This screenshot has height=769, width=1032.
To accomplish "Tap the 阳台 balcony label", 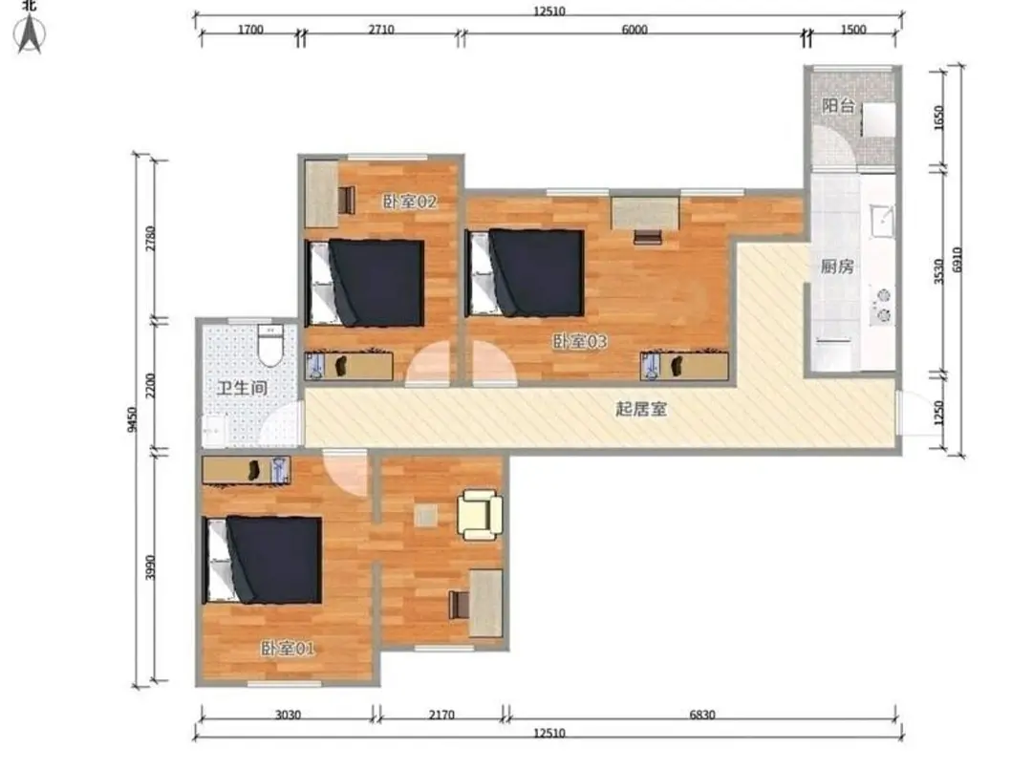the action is point(839,105).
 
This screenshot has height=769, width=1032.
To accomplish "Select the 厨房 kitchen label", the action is point(837,267).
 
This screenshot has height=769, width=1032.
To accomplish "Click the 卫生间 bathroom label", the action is point(242,388).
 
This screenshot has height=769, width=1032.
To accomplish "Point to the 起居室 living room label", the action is point(641,409).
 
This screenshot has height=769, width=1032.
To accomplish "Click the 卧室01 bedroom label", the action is point(288,649).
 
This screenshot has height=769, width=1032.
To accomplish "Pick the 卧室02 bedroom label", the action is point(410,202).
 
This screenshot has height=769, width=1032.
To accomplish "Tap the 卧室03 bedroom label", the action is point(579,341).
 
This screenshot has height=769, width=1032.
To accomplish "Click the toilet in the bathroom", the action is point(269,345).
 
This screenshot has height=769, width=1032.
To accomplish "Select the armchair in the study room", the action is point(480,515).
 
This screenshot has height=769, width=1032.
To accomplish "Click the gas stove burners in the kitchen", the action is point(881,306).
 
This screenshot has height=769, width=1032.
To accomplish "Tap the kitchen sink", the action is point(882,221).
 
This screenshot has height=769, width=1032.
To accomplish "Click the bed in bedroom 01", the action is point(263,560).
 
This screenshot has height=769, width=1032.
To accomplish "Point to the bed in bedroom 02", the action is point(365,283).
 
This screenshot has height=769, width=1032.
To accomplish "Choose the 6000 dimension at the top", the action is point(634,30).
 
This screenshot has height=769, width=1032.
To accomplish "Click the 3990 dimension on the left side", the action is point(151,567).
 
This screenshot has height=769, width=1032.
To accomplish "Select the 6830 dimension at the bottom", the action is point(701,715).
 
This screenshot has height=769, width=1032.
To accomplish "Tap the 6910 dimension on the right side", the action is point(957,261).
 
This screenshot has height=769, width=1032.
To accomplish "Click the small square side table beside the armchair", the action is point(426,516).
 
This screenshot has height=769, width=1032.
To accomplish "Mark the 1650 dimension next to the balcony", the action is point(939,117).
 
